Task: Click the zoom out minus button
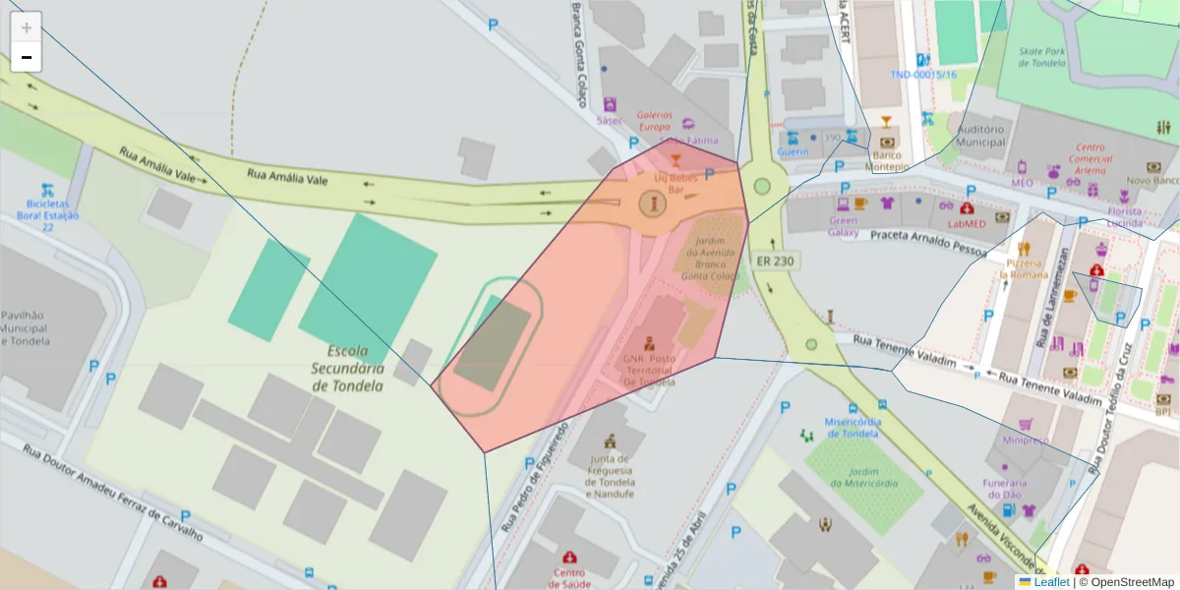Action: [27, 57]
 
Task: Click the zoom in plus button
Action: [27, 27]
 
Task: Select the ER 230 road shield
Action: [775, 261]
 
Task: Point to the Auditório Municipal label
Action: [980, 135]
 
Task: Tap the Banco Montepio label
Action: [886, 161]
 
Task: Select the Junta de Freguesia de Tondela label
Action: [611, 476]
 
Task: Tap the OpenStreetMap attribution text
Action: [1132, 582]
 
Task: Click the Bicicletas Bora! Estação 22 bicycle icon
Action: [46, 190]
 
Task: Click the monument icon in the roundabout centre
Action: [652, 204]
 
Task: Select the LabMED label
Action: [966, 223]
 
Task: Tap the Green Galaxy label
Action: [843, 227]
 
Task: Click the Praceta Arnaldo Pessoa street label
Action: [927, 241]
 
